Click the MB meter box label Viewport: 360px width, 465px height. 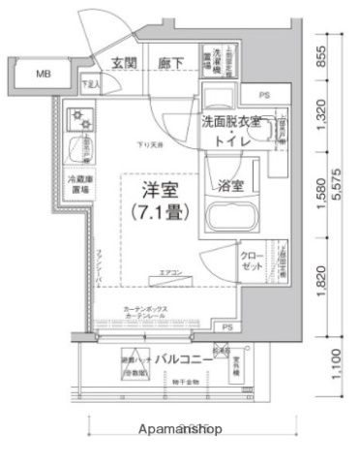coord(43,73)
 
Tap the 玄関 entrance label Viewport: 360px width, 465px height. coord(123,63)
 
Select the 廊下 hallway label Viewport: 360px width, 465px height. coord(171,63)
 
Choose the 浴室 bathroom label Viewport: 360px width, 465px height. coord(230,184)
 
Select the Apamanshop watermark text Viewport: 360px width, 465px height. coord(181,427)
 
